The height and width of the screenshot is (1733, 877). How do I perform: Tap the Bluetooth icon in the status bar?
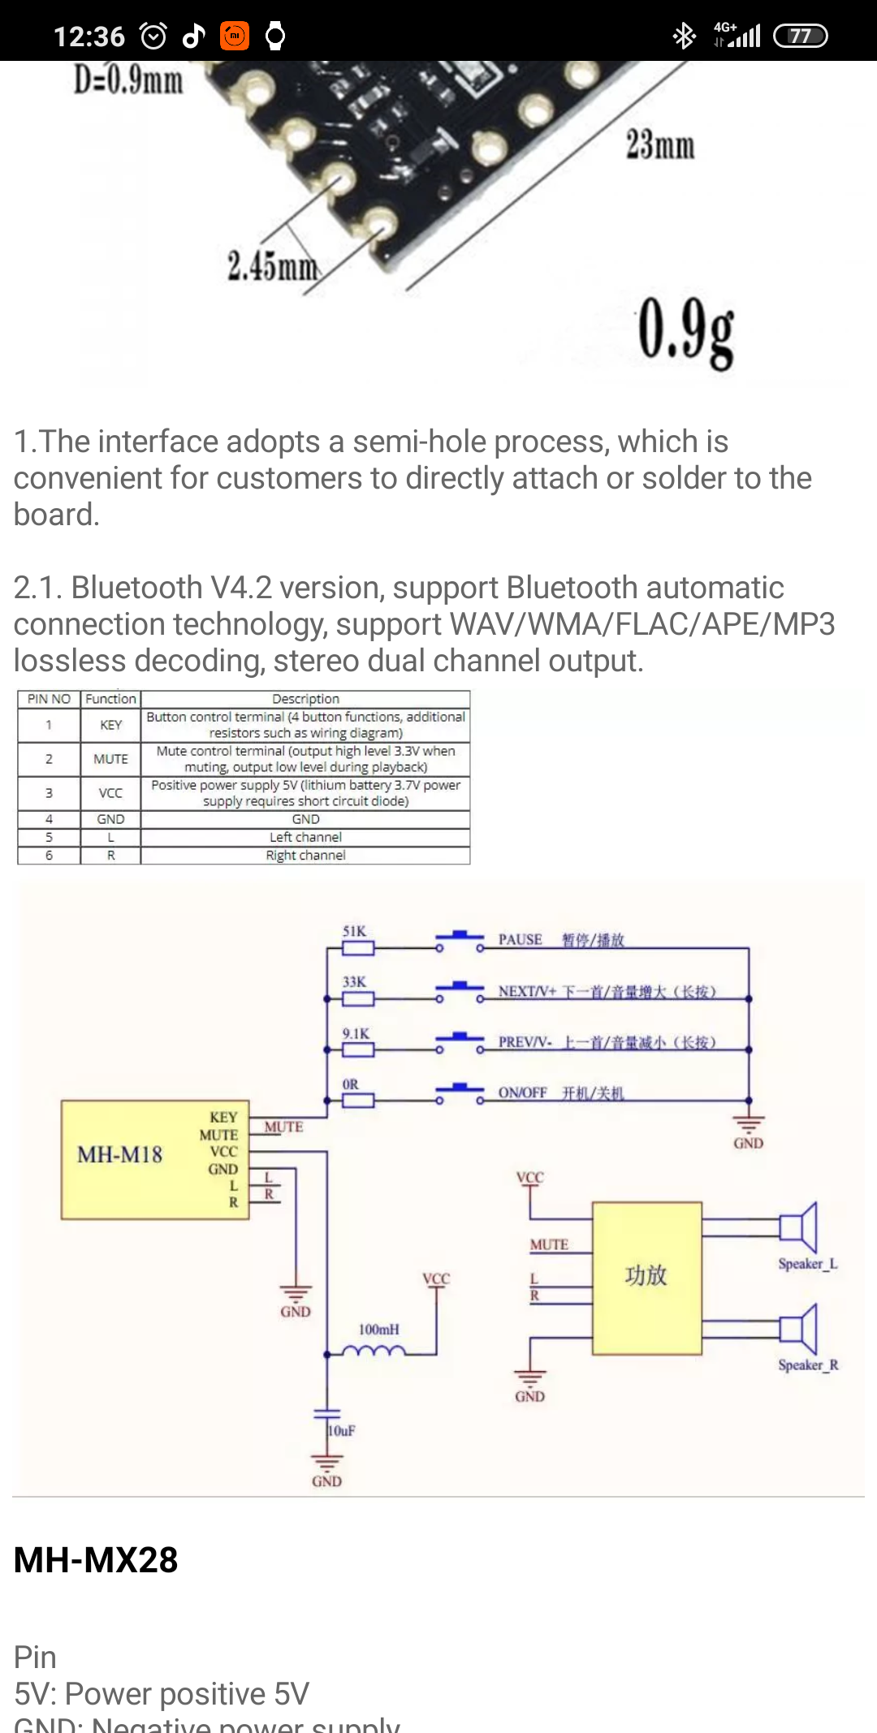684,36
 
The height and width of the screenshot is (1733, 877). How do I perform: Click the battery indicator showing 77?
800,36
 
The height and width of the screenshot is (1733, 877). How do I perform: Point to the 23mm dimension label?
659,145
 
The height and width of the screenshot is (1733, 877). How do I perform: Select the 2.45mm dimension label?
273,266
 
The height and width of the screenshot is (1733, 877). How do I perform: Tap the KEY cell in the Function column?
110,725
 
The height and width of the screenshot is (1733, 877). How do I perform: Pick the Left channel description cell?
305,837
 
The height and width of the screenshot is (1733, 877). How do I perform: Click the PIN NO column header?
49,699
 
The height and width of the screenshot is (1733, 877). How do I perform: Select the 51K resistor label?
354,931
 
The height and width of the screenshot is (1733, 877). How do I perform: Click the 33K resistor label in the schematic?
354,981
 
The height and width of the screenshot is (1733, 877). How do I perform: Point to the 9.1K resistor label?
356,1033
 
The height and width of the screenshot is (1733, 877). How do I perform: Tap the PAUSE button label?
521,939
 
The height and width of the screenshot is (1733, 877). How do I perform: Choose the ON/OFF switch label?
522,1093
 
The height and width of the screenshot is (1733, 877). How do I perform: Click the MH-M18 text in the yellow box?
119,1154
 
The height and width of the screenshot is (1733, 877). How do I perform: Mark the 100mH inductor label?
378,1330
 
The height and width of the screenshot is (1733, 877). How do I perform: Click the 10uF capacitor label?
342,1430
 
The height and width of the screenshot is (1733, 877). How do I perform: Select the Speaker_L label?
807,1264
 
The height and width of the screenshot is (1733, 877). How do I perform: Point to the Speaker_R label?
808,1365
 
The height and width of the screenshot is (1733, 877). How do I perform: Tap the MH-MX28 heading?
96,1559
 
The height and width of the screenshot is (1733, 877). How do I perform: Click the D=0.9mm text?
128,80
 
